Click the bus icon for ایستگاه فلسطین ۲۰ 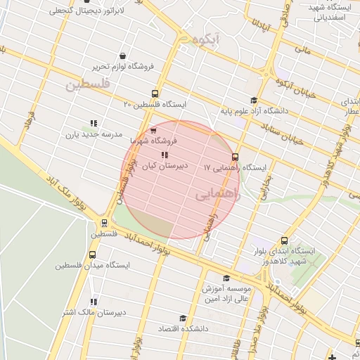(155, 94)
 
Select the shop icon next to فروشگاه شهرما (153, 131)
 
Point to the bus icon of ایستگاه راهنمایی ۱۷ (235, 157)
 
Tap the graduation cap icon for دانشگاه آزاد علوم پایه (253, 101)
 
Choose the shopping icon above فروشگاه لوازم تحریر (123, 56)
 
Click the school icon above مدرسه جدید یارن (94, 124)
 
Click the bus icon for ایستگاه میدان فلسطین (92, 255)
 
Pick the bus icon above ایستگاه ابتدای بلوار (284, 240)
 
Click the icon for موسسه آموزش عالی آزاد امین (226, 278)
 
